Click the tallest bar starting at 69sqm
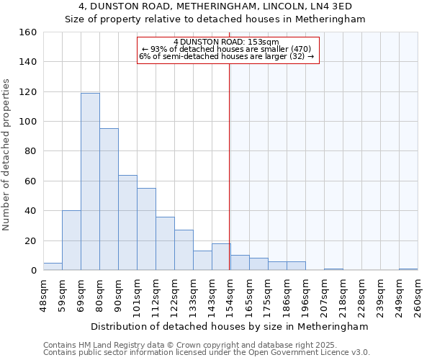pyautogui.click(x=90, y=181)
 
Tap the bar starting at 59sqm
pyautogui.click(x=71, y=240)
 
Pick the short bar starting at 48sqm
pyautogui.click(x=53, y=266)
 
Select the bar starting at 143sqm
pyautogui.click(x=221, y=257)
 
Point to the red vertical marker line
pyautogui.click(x=229, y=166)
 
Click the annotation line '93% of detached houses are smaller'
pyautogui.click(x=227, y=49)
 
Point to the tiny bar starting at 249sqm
pyautogui.click(x=408, y=269)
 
